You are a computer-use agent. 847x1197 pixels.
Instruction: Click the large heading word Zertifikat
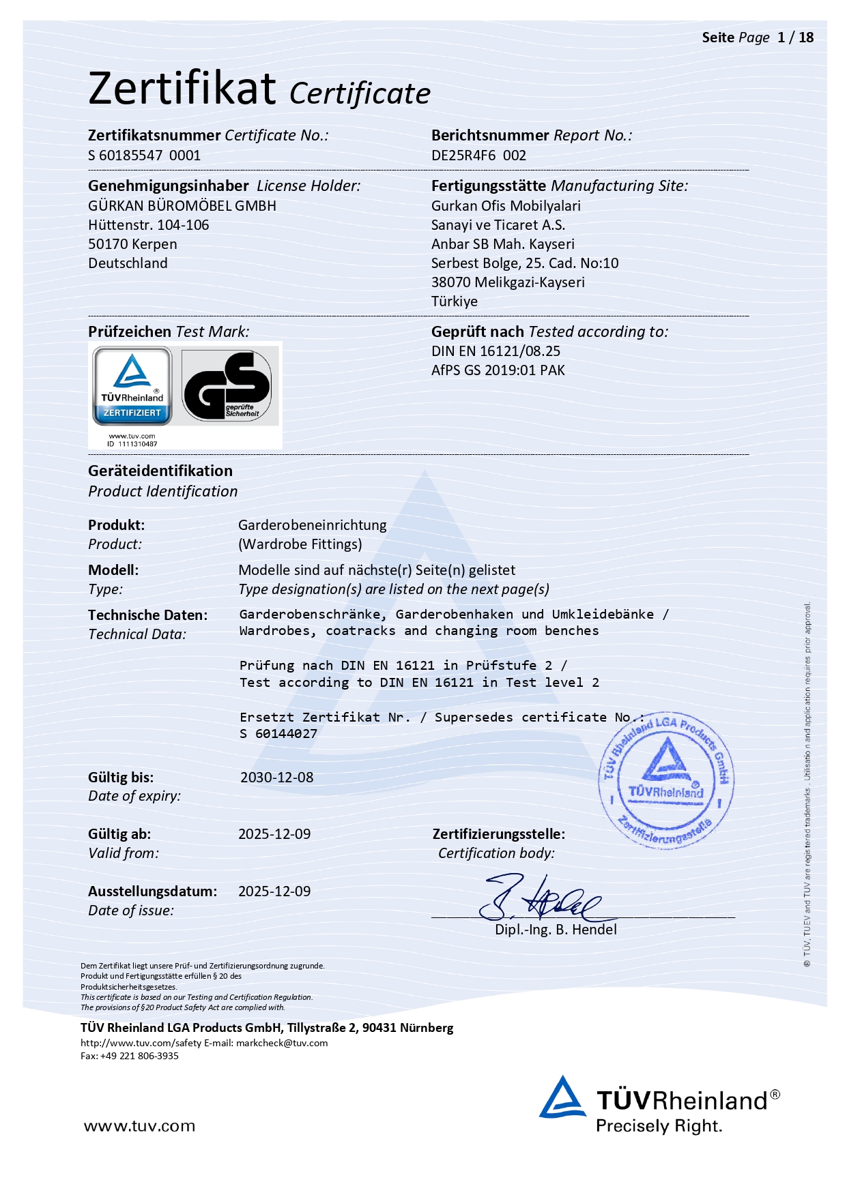[182, 89]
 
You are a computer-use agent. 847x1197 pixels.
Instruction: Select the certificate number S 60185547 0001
[144, 156]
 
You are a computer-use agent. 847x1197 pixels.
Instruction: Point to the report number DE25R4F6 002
[478, 156]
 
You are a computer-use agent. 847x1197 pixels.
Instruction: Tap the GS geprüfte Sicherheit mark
[228, 386]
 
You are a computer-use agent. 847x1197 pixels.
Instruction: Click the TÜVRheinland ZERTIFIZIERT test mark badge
[132, 385]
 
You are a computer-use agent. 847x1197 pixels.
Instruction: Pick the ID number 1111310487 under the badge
[137, 444]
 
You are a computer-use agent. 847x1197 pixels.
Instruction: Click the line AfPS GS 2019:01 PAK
[498, 370]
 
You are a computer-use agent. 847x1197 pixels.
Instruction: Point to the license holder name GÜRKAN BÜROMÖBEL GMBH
[182, 206]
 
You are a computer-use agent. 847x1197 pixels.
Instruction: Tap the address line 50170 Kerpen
[132, 244]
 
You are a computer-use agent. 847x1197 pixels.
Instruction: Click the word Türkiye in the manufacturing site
[454, 301]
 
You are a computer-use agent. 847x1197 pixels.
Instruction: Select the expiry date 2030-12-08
[276, 778]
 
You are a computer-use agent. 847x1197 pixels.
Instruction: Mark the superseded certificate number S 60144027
[278, 734]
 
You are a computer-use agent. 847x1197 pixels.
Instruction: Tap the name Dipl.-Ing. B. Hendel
[556, 930]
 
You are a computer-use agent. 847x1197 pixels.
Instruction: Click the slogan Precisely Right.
[659, 1126]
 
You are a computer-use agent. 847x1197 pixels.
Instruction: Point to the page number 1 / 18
[795, 38]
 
